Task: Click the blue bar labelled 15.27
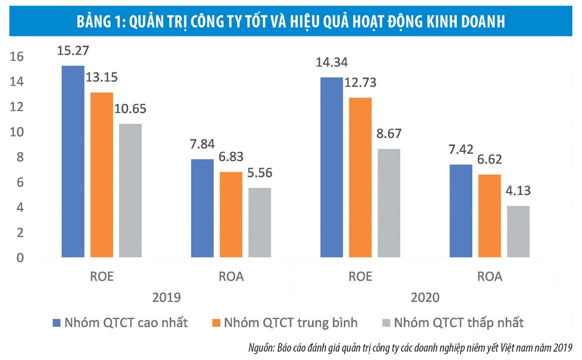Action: (73, 161)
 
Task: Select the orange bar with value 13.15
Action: (101, 175)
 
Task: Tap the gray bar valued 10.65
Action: (130, 190)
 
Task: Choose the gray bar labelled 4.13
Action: (518, 231)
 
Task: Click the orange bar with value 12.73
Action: (360, 177)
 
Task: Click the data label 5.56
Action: (259, 173)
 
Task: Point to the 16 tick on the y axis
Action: (16, 57)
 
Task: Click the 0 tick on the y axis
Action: (19, 258)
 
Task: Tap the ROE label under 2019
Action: (101, 277)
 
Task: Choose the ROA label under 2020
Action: (490, 277)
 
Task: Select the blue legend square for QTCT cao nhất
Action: (57, 322)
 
